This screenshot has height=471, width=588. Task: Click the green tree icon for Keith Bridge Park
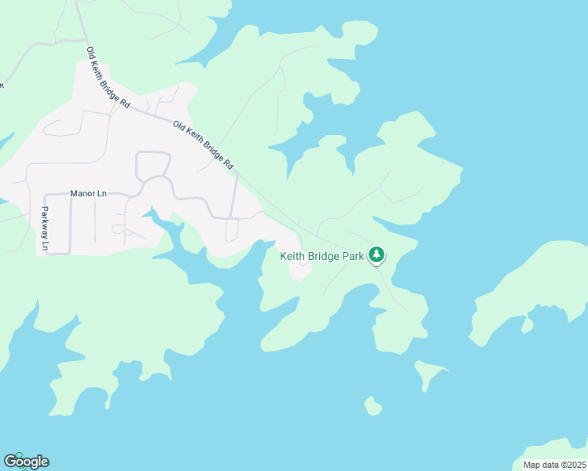[377, 254]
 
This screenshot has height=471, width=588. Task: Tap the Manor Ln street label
[88, 193]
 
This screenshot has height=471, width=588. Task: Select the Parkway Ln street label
[45, 229]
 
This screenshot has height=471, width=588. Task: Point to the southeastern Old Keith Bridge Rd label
[204, 146]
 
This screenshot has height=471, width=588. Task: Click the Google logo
[26, 462]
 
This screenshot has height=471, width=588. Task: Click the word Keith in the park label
[293, 257]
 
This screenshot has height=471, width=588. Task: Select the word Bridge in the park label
[325, 257]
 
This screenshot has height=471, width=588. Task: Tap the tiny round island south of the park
[373, 407]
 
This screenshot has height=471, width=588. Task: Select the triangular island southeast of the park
[429, 374]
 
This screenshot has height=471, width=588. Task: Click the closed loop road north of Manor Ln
[153, 166]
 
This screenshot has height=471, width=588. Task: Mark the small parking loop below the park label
[301, 269]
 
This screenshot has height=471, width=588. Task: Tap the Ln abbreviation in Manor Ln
[101, 193]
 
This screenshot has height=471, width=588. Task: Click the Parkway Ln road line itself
[37, 228]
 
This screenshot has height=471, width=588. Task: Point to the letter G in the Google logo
[10, 461]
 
